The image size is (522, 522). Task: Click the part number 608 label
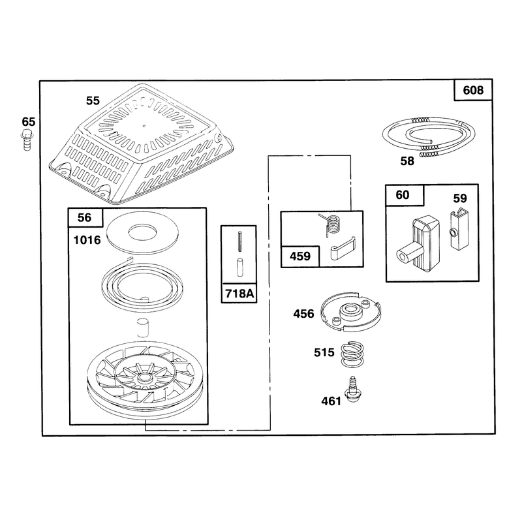[x=472, y=90]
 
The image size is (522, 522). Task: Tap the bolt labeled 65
[x=26, y=141]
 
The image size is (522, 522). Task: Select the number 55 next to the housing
[x=93, y=100]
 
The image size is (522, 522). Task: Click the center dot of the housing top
[x=144, y=126]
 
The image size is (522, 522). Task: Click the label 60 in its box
[x=403, y=194]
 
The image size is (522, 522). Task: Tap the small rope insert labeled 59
[x=459, y=229]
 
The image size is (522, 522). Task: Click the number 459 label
[x=300, y=256]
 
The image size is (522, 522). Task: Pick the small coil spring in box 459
[x=331, y=224]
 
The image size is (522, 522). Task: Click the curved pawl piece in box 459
[x=343, y=248]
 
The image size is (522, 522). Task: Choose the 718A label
[x=239, y=293]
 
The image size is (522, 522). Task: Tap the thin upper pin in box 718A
[x=239, y=242]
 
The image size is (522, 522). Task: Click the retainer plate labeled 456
[x=350, y=312]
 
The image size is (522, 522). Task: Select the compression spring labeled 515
[x=352, y=354]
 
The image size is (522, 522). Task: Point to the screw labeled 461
[x=352, y=390]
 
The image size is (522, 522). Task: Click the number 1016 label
[x=87, y=240]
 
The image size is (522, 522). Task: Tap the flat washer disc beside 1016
[x=142, y=233]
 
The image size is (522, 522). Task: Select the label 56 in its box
[x=84, y=217]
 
